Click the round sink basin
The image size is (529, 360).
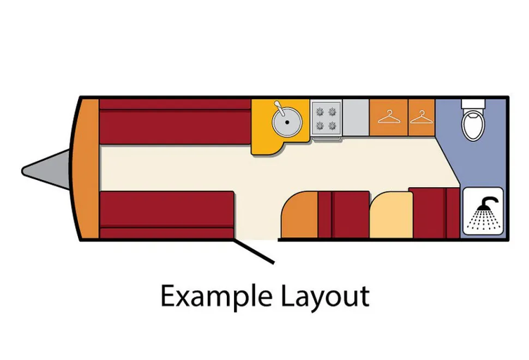click(287, 122)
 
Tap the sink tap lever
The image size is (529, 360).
click(280, 109)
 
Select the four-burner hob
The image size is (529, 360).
click(326, 119)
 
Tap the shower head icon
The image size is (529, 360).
click(483, 211)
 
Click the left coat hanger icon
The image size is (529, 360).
click(389, 117)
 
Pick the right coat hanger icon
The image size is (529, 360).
click(422, 117)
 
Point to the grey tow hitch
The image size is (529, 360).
click(46, 170)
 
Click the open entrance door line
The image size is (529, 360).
click(254, 251)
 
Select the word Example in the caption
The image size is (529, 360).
click(217, 297)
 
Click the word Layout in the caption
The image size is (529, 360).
click(325, 297)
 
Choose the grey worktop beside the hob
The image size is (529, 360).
click(356, 118)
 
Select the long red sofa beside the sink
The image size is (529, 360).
click(175, 122)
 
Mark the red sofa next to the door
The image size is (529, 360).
click(167, 215)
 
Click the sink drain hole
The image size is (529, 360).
click(287, 123)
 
